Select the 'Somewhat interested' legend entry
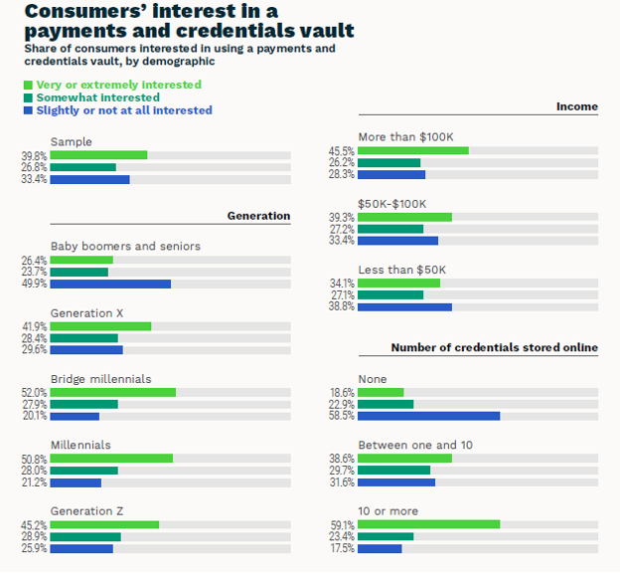click(x=97, y=98)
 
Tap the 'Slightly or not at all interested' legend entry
click(x=124, y=111)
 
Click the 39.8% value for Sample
click(x=35, y=155)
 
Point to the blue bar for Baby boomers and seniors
click(x=110, y=284)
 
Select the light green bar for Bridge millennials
click(x=112, y=392)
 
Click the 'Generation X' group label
click(x=86, y=313)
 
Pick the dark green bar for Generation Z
click(x=85, y=536)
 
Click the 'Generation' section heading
click(x=258, y=216)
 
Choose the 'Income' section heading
click(x=576, y=106)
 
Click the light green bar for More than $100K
click(x=412, y=150)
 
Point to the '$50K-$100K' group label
click(x=391, y=204)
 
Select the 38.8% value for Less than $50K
click(x=343, y=307)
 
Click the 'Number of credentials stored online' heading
click(x=494, y=348)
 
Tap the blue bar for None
click(x=428, y=416)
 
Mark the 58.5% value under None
click(x=343, y=416)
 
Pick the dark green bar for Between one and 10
click(x=393, y=471)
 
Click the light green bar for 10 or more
click(x=428, y=524)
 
